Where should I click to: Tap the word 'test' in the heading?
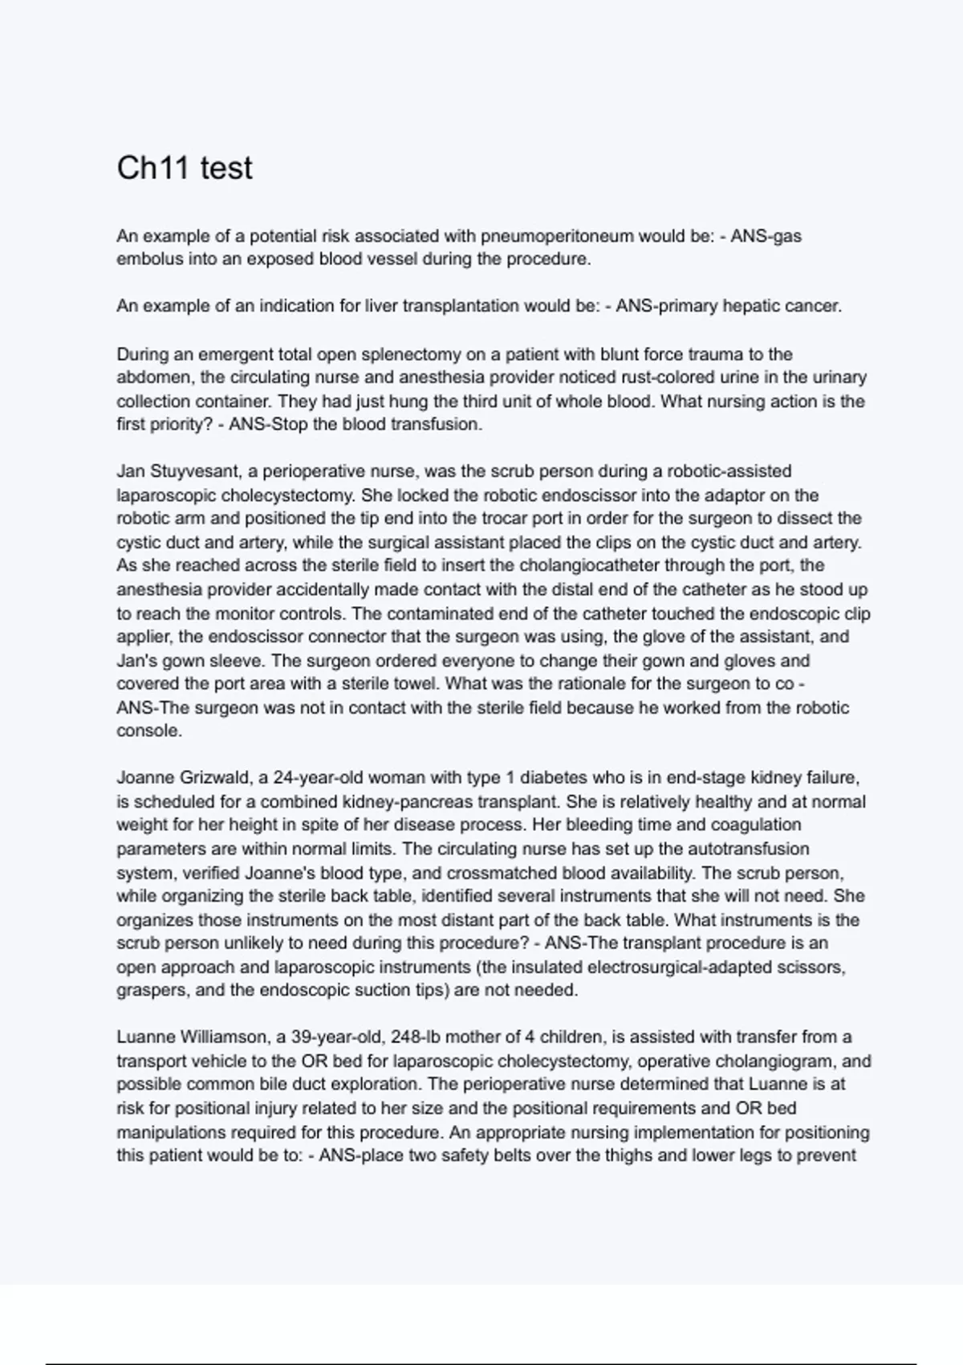226,168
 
